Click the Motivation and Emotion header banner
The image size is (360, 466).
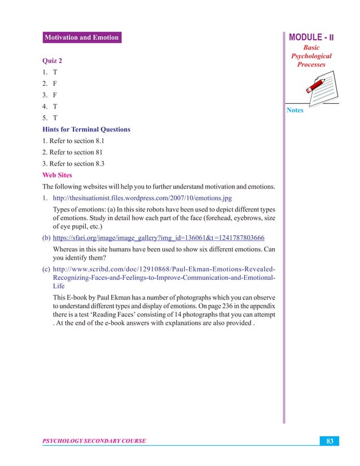point(81,38)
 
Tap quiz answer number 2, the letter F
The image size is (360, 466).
point(55,84)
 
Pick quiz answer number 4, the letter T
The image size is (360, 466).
point(55,107)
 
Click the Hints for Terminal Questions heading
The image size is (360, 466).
point(86,129)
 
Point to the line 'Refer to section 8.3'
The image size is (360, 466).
point(73,164)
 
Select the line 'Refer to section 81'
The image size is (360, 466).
point(72,152)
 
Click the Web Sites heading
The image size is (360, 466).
point(57,175)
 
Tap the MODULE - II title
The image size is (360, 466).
point(311,37)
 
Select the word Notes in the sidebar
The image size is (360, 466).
point(295,110)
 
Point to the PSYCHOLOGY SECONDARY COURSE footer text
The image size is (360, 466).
point(94,441)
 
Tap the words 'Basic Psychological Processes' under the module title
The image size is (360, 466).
point(311,56)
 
